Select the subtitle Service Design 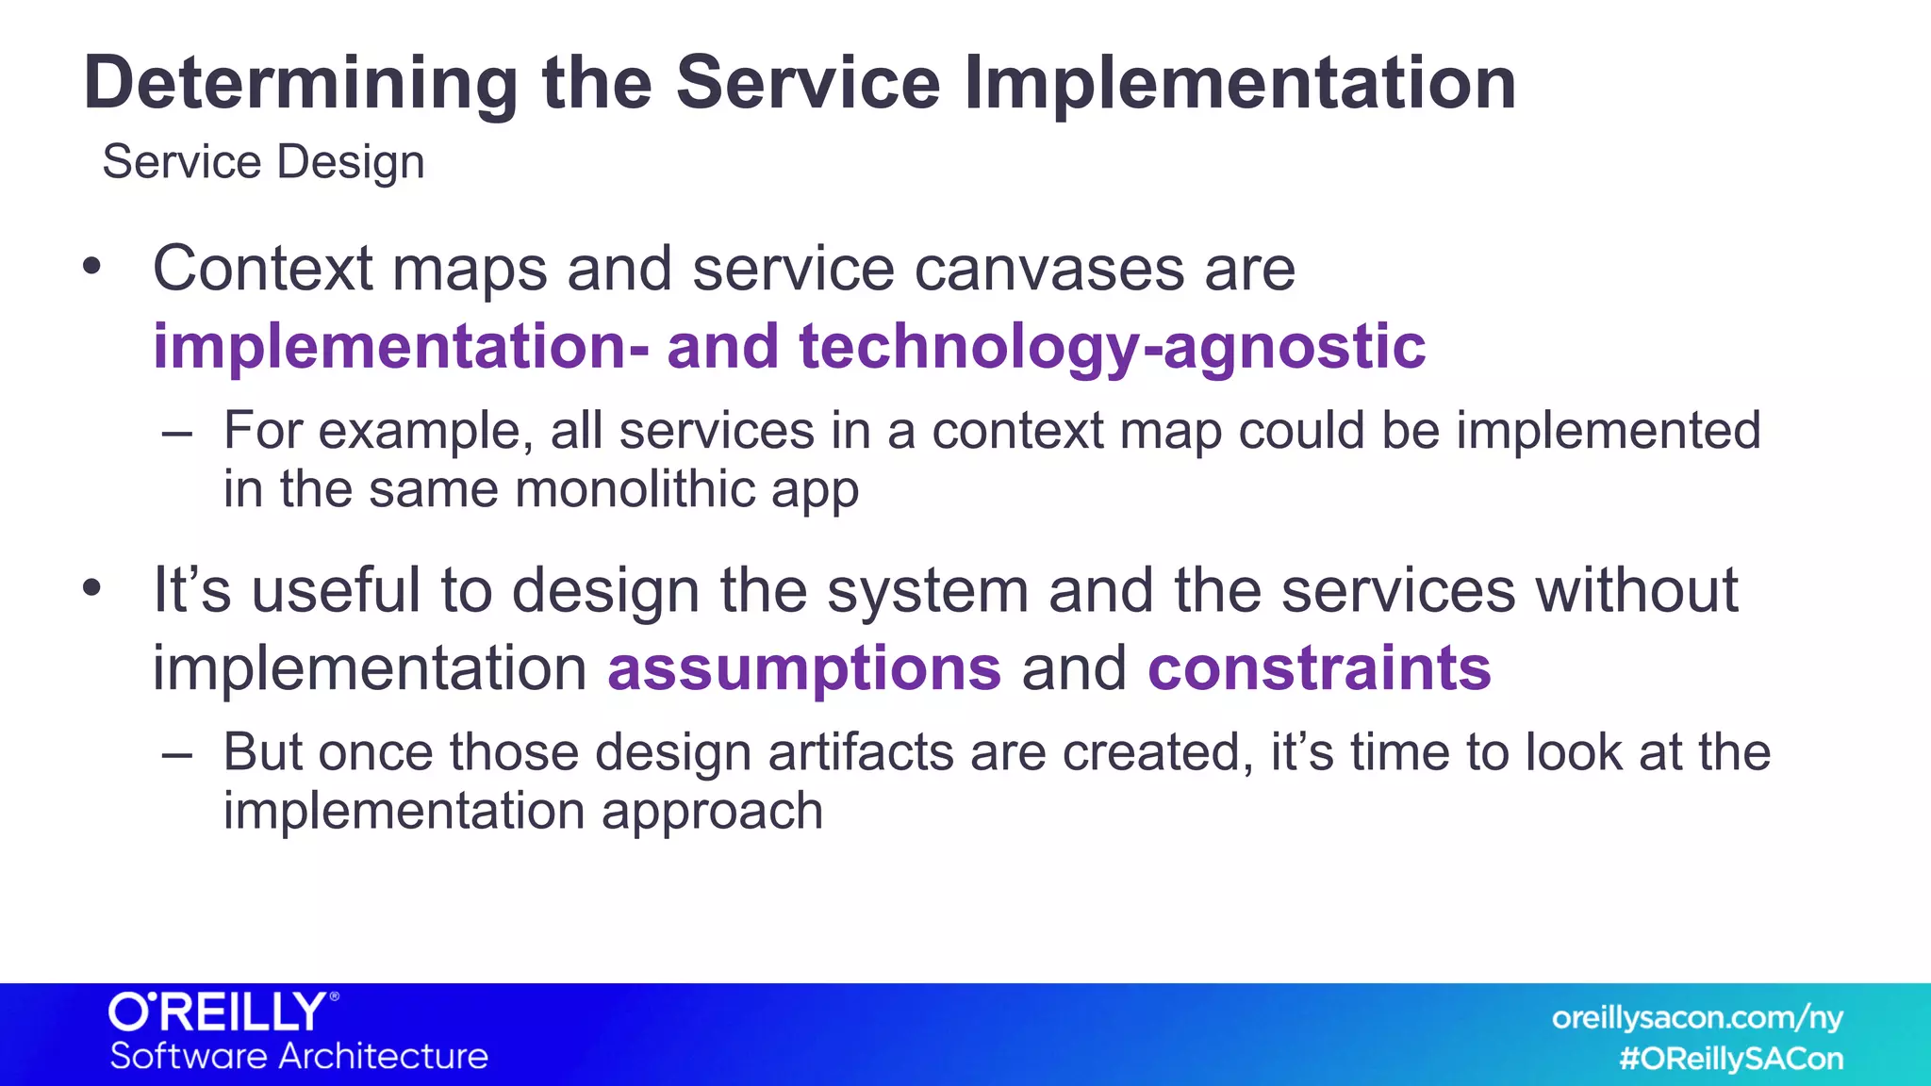point(263,162)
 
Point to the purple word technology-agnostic point(1112,347)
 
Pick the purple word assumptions point(803,668)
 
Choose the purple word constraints point(1319,668)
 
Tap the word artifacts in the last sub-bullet point(861,753)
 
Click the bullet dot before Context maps point(91,267)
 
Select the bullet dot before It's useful point(91,588)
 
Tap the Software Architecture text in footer point(299,1056)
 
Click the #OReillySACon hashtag point(1730,1059)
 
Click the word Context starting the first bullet point(263,270)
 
